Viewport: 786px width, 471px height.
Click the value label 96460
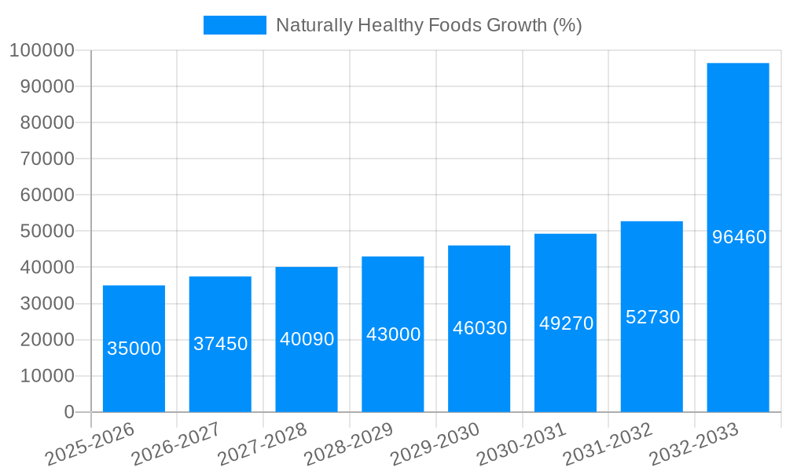(x=739, y=236)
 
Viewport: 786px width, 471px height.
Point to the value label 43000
(x=393, y=334)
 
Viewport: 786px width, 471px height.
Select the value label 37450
(x=220, y=344)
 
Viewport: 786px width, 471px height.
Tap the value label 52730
(x=652, y=317)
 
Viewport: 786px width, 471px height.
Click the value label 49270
(x=566, y=323)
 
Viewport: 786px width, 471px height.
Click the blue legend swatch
(x=234, y=25)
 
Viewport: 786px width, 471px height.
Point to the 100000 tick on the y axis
(x=41, y=51)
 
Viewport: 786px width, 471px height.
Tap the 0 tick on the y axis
(x=69, y=412)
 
